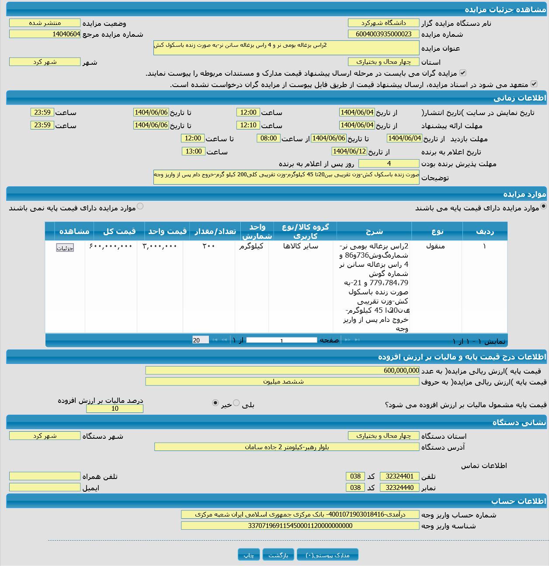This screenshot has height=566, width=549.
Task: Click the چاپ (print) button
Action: (x=249, y=555)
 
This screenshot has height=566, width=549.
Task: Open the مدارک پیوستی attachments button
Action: (x=327, y=555)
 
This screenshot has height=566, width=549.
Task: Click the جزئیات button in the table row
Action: (x=65, y=248)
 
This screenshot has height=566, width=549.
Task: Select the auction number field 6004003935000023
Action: (x=383, y=34)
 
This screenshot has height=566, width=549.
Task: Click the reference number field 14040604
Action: (x=45, y=34)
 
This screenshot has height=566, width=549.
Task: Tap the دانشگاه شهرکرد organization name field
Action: (x=383, y=23)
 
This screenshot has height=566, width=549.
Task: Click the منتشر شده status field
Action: (x=45, y=23)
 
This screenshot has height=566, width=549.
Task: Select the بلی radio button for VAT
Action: (x=236, y=403)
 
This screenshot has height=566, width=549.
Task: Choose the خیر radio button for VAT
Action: (x=215, y=403)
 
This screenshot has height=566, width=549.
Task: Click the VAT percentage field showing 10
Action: (x=115, y=409)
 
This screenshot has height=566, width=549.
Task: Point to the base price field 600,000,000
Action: (x=282, y=370)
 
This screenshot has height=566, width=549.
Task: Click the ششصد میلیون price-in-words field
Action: (x=282, y=381)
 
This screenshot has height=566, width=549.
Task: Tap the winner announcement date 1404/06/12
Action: (x=349, y=151)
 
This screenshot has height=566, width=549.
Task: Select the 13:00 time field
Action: (x=193, y=151)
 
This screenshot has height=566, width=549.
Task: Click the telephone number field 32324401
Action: (x=400, y=476)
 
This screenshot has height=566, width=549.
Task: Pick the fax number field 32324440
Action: (x=400, y=488)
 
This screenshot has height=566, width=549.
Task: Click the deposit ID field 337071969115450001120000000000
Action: (x=300, y=526)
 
